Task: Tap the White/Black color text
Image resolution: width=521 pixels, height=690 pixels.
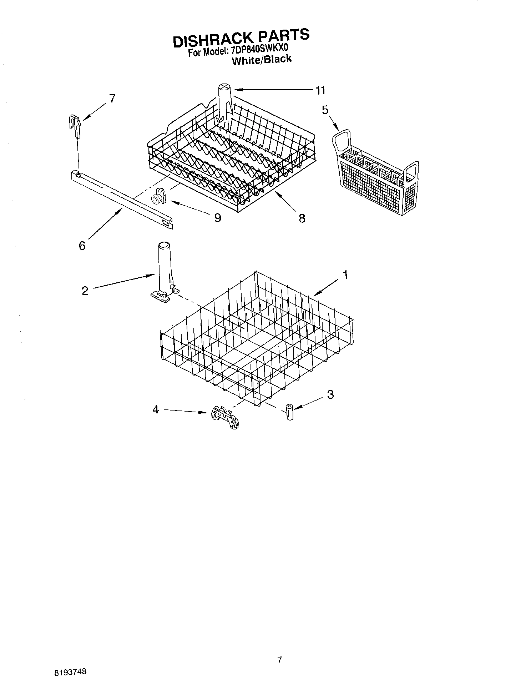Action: (262, 60)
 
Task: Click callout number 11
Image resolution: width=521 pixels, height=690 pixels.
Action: (320, 91)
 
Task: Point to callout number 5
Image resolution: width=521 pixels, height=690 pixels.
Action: (325, 110)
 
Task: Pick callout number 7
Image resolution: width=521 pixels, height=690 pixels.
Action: (112, 98)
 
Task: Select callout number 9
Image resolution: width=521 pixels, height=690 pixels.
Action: (217, 217)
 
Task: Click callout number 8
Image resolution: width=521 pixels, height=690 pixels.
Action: (302, 218)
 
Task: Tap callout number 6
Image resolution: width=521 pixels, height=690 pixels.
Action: (82, 246)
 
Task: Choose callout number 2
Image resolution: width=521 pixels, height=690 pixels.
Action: (85, 291)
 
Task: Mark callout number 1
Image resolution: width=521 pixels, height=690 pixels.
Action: (345, 275)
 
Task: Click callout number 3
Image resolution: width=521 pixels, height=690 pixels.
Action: (330, 394)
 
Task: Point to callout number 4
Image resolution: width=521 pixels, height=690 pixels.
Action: (155, 409)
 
